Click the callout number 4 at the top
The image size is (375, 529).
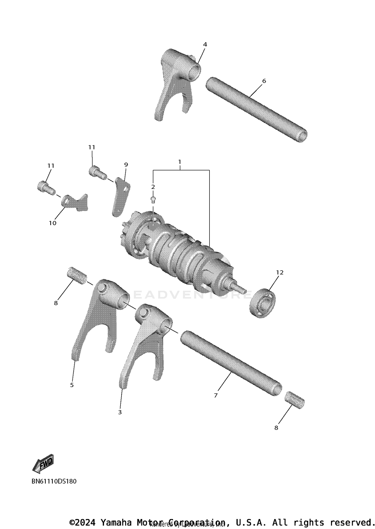(x=205, y=45)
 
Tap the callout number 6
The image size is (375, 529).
(x=264, y=81)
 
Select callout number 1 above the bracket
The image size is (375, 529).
(x=179, y=162)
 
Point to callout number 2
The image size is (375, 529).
(x=153, y=187)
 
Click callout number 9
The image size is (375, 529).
(x=126, y=165)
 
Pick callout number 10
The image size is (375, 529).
(x=52, y=223)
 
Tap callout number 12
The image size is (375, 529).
(x=280, y=272)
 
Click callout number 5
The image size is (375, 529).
(x=72, y=385)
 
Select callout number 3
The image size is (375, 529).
(x=120, y=412)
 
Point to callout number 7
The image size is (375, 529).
(x=216, y=395)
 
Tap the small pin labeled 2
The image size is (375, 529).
(x=153, y=199)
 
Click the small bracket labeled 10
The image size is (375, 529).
(x=75, y=202)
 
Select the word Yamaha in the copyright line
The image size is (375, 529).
(x=116, y=523)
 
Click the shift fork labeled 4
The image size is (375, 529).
(x=176, y=80)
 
